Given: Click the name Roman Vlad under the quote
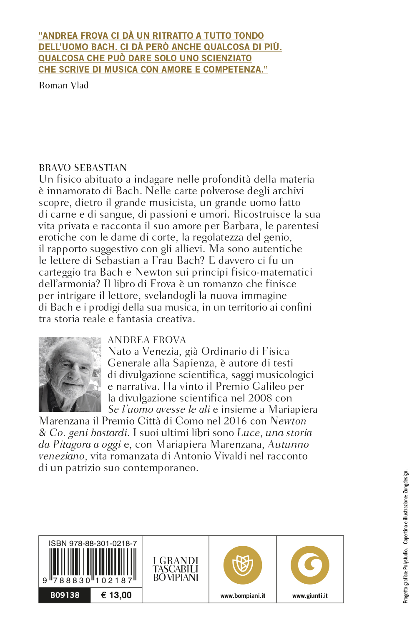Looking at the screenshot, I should pos(63,85).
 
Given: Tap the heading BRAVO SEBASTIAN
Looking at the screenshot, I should pos(83,168).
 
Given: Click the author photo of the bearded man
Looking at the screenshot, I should pos(70,374).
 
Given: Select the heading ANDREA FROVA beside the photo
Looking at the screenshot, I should pos(147,340).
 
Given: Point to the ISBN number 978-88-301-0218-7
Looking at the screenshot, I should pos(93,543).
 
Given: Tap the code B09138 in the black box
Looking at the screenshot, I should pos(65,595).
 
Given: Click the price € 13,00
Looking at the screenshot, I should pos(116,595).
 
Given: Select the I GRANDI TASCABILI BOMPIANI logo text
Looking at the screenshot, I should pos(176,569).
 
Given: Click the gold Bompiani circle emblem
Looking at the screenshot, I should pos(243,565).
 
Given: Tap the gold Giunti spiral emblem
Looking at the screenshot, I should pos(310,565).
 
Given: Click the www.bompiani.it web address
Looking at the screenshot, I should pos(243,596).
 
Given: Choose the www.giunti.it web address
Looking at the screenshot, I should pos(310,596).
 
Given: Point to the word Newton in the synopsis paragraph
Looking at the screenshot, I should pos(153,272).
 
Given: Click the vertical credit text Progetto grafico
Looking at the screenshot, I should pos(406,584).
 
